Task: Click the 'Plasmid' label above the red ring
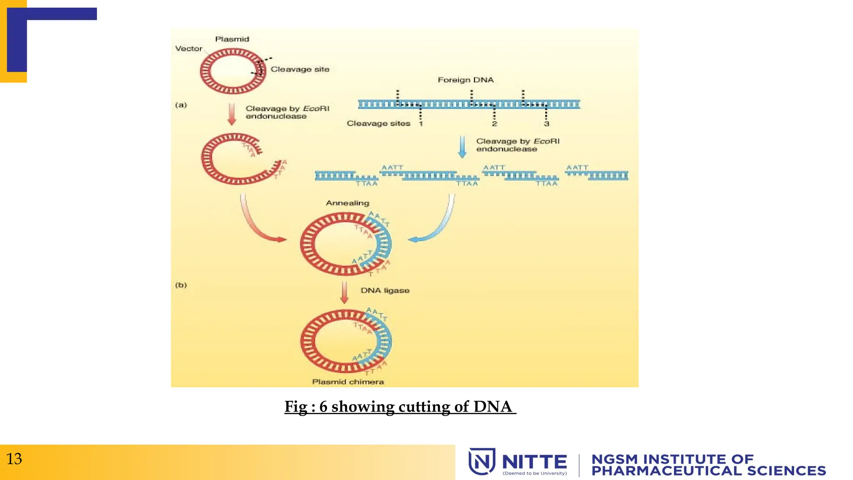(x=232, y=39)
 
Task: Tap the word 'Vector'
(x=189, y=49)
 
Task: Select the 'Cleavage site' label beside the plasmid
(x=300, y=69)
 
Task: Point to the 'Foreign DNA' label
(x=466, y=80)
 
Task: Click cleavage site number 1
(x=421, y=124)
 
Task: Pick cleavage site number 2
(x=494, y=124)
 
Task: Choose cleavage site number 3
(x=546, y=124)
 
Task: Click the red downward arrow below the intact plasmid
(x=232, y=114)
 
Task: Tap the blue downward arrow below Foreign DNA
(x=462, y=147)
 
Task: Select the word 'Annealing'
(x=347, y=203)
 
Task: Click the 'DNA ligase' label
(x=385, y=290)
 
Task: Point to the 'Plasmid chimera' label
(x=348, y=382)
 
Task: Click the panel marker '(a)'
(x=181, y=105)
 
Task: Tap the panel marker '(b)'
(x=181, y=285)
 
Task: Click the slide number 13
(x=14, y=459)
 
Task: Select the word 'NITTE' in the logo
(x=534, y=462)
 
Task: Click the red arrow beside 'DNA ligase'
(x=344, y=292)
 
